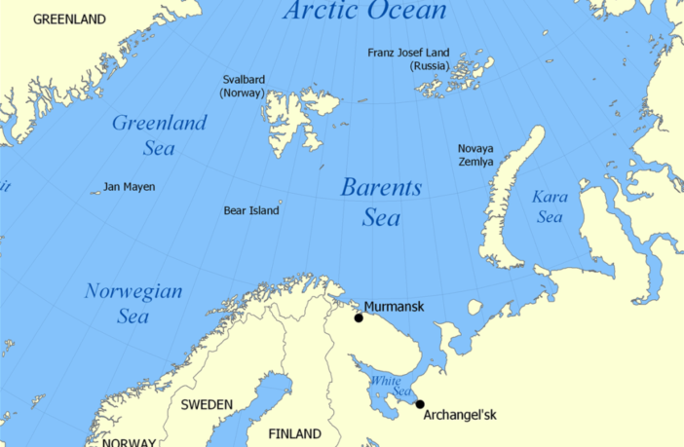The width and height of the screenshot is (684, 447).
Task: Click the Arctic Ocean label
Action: pos(363,12)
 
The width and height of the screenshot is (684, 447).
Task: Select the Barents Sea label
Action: pos(381,203)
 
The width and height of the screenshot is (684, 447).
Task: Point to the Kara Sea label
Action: pos(550,206)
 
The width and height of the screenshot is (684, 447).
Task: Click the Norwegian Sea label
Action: pos(133,304)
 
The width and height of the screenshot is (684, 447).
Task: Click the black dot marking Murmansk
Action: pos(359,317)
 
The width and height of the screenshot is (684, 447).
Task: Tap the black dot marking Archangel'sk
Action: pos(420,404)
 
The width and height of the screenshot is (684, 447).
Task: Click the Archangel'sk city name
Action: pos(460,416)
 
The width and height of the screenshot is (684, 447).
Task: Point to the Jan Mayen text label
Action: pos(130,187)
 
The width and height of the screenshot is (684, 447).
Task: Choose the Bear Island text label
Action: pos(250,210)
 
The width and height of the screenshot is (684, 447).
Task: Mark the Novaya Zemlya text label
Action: pos(475,155)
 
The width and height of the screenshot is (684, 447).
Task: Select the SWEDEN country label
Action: pos(207,404)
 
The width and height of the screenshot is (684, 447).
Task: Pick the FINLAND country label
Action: pos(294,433)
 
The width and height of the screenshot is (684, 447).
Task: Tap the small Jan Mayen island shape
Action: pos(95,192)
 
